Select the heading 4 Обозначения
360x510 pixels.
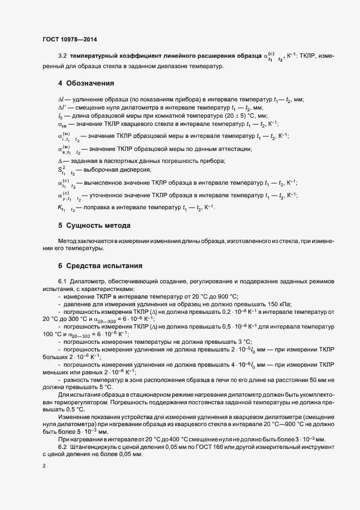[86, 83]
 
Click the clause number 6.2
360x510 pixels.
[62, 446]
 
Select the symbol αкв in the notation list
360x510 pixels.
[62, 125]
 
